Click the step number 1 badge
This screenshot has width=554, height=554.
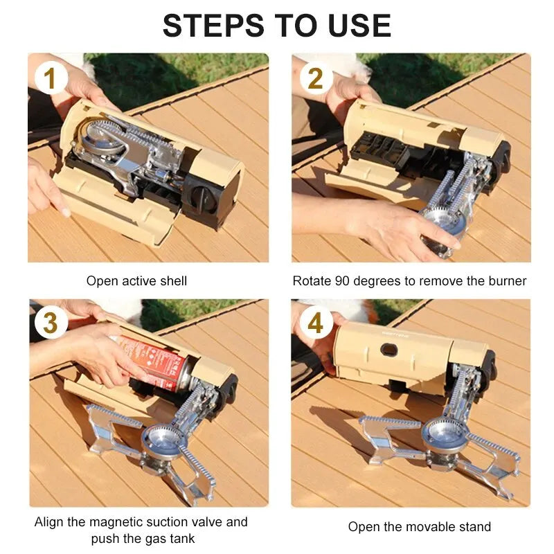(x=50, y=78)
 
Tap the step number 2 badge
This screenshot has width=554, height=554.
(x=315, y=78)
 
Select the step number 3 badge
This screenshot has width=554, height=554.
(x=50, y=323)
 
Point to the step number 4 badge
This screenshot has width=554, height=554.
(x=315, y=323)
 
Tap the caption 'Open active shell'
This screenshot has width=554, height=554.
(x=136, y=281)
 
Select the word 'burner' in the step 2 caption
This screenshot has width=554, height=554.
(x=507, y=281)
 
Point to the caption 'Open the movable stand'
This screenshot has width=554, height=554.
(x=419, y=527)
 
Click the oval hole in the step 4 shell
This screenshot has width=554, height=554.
(x=389, y=350)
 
